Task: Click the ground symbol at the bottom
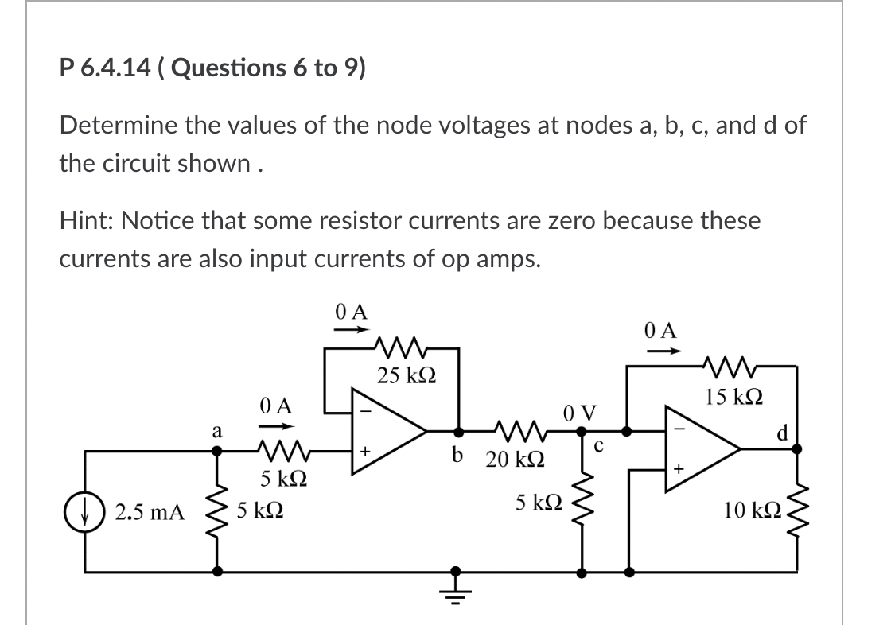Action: pos(456,587)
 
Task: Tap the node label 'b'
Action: pos(457,456)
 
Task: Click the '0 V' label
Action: pos(578,413)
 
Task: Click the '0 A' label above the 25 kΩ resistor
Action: pos(351,312)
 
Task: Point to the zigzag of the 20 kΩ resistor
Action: pos(517,431)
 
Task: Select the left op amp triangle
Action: pos(388,431)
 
